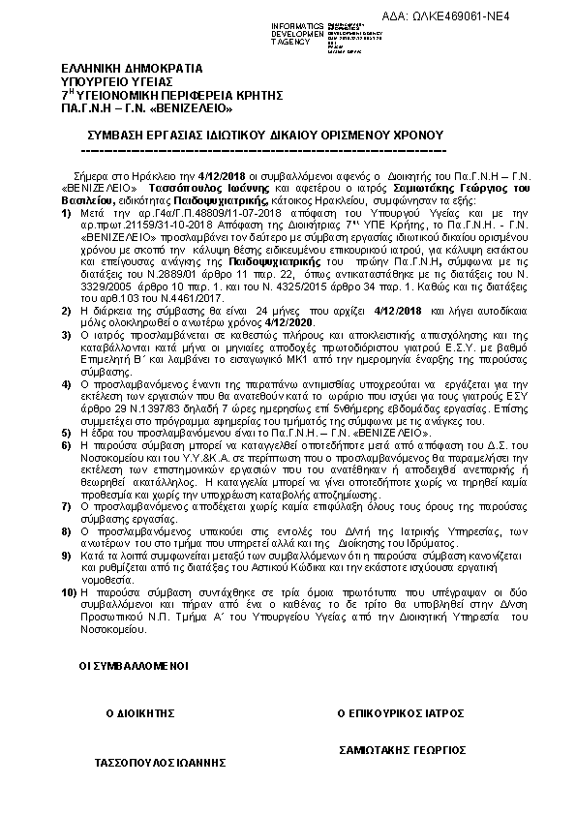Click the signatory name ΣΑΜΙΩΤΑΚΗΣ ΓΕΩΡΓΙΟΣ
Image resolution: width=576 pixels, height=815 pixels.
tap(402, 750)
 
